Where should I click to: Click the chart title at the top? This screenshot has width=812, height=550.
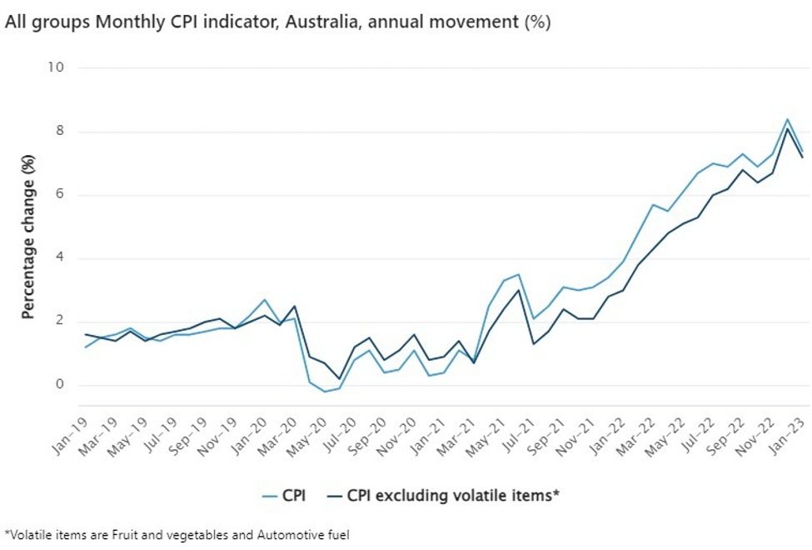click(x=277, y=22)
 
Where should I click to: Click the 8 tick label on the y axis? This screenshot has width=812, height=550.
click(x=60, y=132)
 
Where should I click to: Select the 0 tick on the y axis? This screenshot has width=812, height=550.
click(x=60, y=385)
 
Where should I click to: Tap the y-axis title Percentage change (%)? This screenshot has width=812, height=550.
click(x=28, y=236)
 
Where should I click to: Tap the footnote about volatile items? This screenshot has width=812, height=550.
click(x=177, y=534)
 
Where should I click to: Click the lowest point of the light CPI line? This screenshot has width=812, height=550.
click(x=324, y=392)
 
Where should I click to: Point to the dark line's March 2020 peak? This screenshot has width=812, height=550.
click(x=294, y=306)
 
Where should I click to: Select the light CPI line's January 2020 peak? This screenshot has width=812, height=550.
click(x=264, y=300)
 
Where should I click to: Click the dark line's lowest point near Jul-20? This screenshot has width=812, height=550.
click(x=339, y=378)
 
